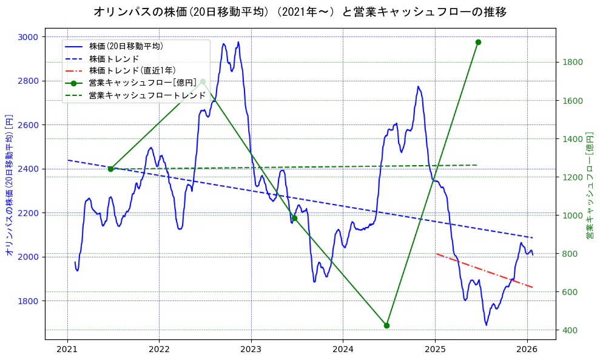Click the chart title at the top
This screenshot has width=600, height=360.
[x=300, y=12]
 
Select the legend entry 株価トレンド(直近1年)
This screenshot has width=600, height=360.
[x=132, y=70]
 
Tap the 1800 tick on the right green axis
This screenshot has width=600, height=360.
[x=572, y=62]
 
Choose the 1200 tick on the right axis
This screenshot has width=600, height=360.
[x=572, y=177]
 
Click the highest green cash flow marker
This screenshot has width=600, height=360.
[x=478, y=42]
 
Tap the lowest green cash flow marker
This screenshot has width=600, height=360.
[x=386, y=325]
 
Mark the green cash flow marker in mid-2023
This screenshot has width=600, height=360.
[x=294, y=218]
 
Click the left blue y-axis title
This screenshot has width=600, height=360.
[x=9, y=183]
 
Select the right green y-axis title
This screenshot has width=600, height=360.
[x=590, y=185]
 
